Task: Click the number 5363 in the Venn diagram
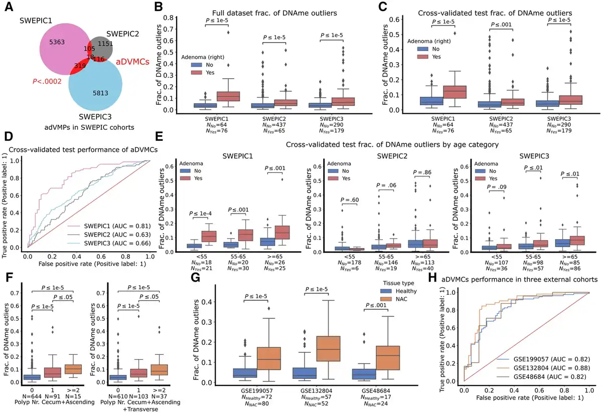tap(53, 45)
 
